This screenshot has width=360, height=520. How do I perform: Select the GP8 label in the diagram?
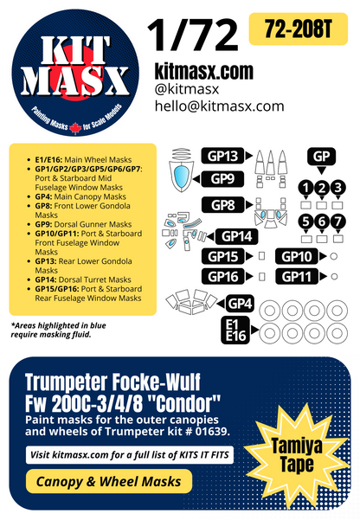click(x=222, y=206)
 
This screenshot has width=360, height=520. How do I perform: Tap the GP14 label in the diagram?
click(x=238, y=236)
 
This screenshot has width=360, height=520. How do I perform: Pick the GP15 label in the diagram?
click(x=222, y=257)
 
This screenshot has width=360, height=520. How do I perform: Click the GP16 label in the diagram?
click(x=222, y=276)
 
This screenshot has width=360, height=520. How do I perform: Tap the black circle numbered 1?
click(x=305, y=188)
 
